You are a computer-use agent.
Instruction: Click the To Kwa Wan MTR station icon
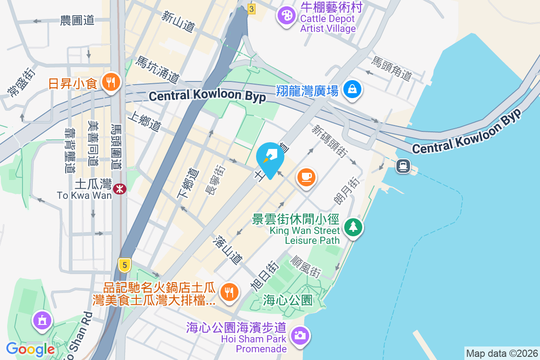click(x=120, y=189)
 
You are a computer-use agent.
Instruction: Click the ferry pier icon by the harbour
click(x=403, y=166)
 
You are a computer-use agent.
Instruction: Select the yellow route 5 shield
click(x=125, y=265)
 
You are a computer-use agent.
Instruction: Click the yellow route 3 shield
click(x=251, y=9)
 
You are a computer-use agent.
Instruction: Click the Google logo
click(x=31, y=349)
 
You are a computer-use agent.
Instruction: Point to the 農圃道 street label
click(x=77, y=20)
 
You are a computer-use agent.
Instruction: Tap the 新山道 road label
click(x=178, y=21)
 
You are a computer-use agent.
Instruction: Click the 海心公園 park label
click(x=288, y=300)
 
